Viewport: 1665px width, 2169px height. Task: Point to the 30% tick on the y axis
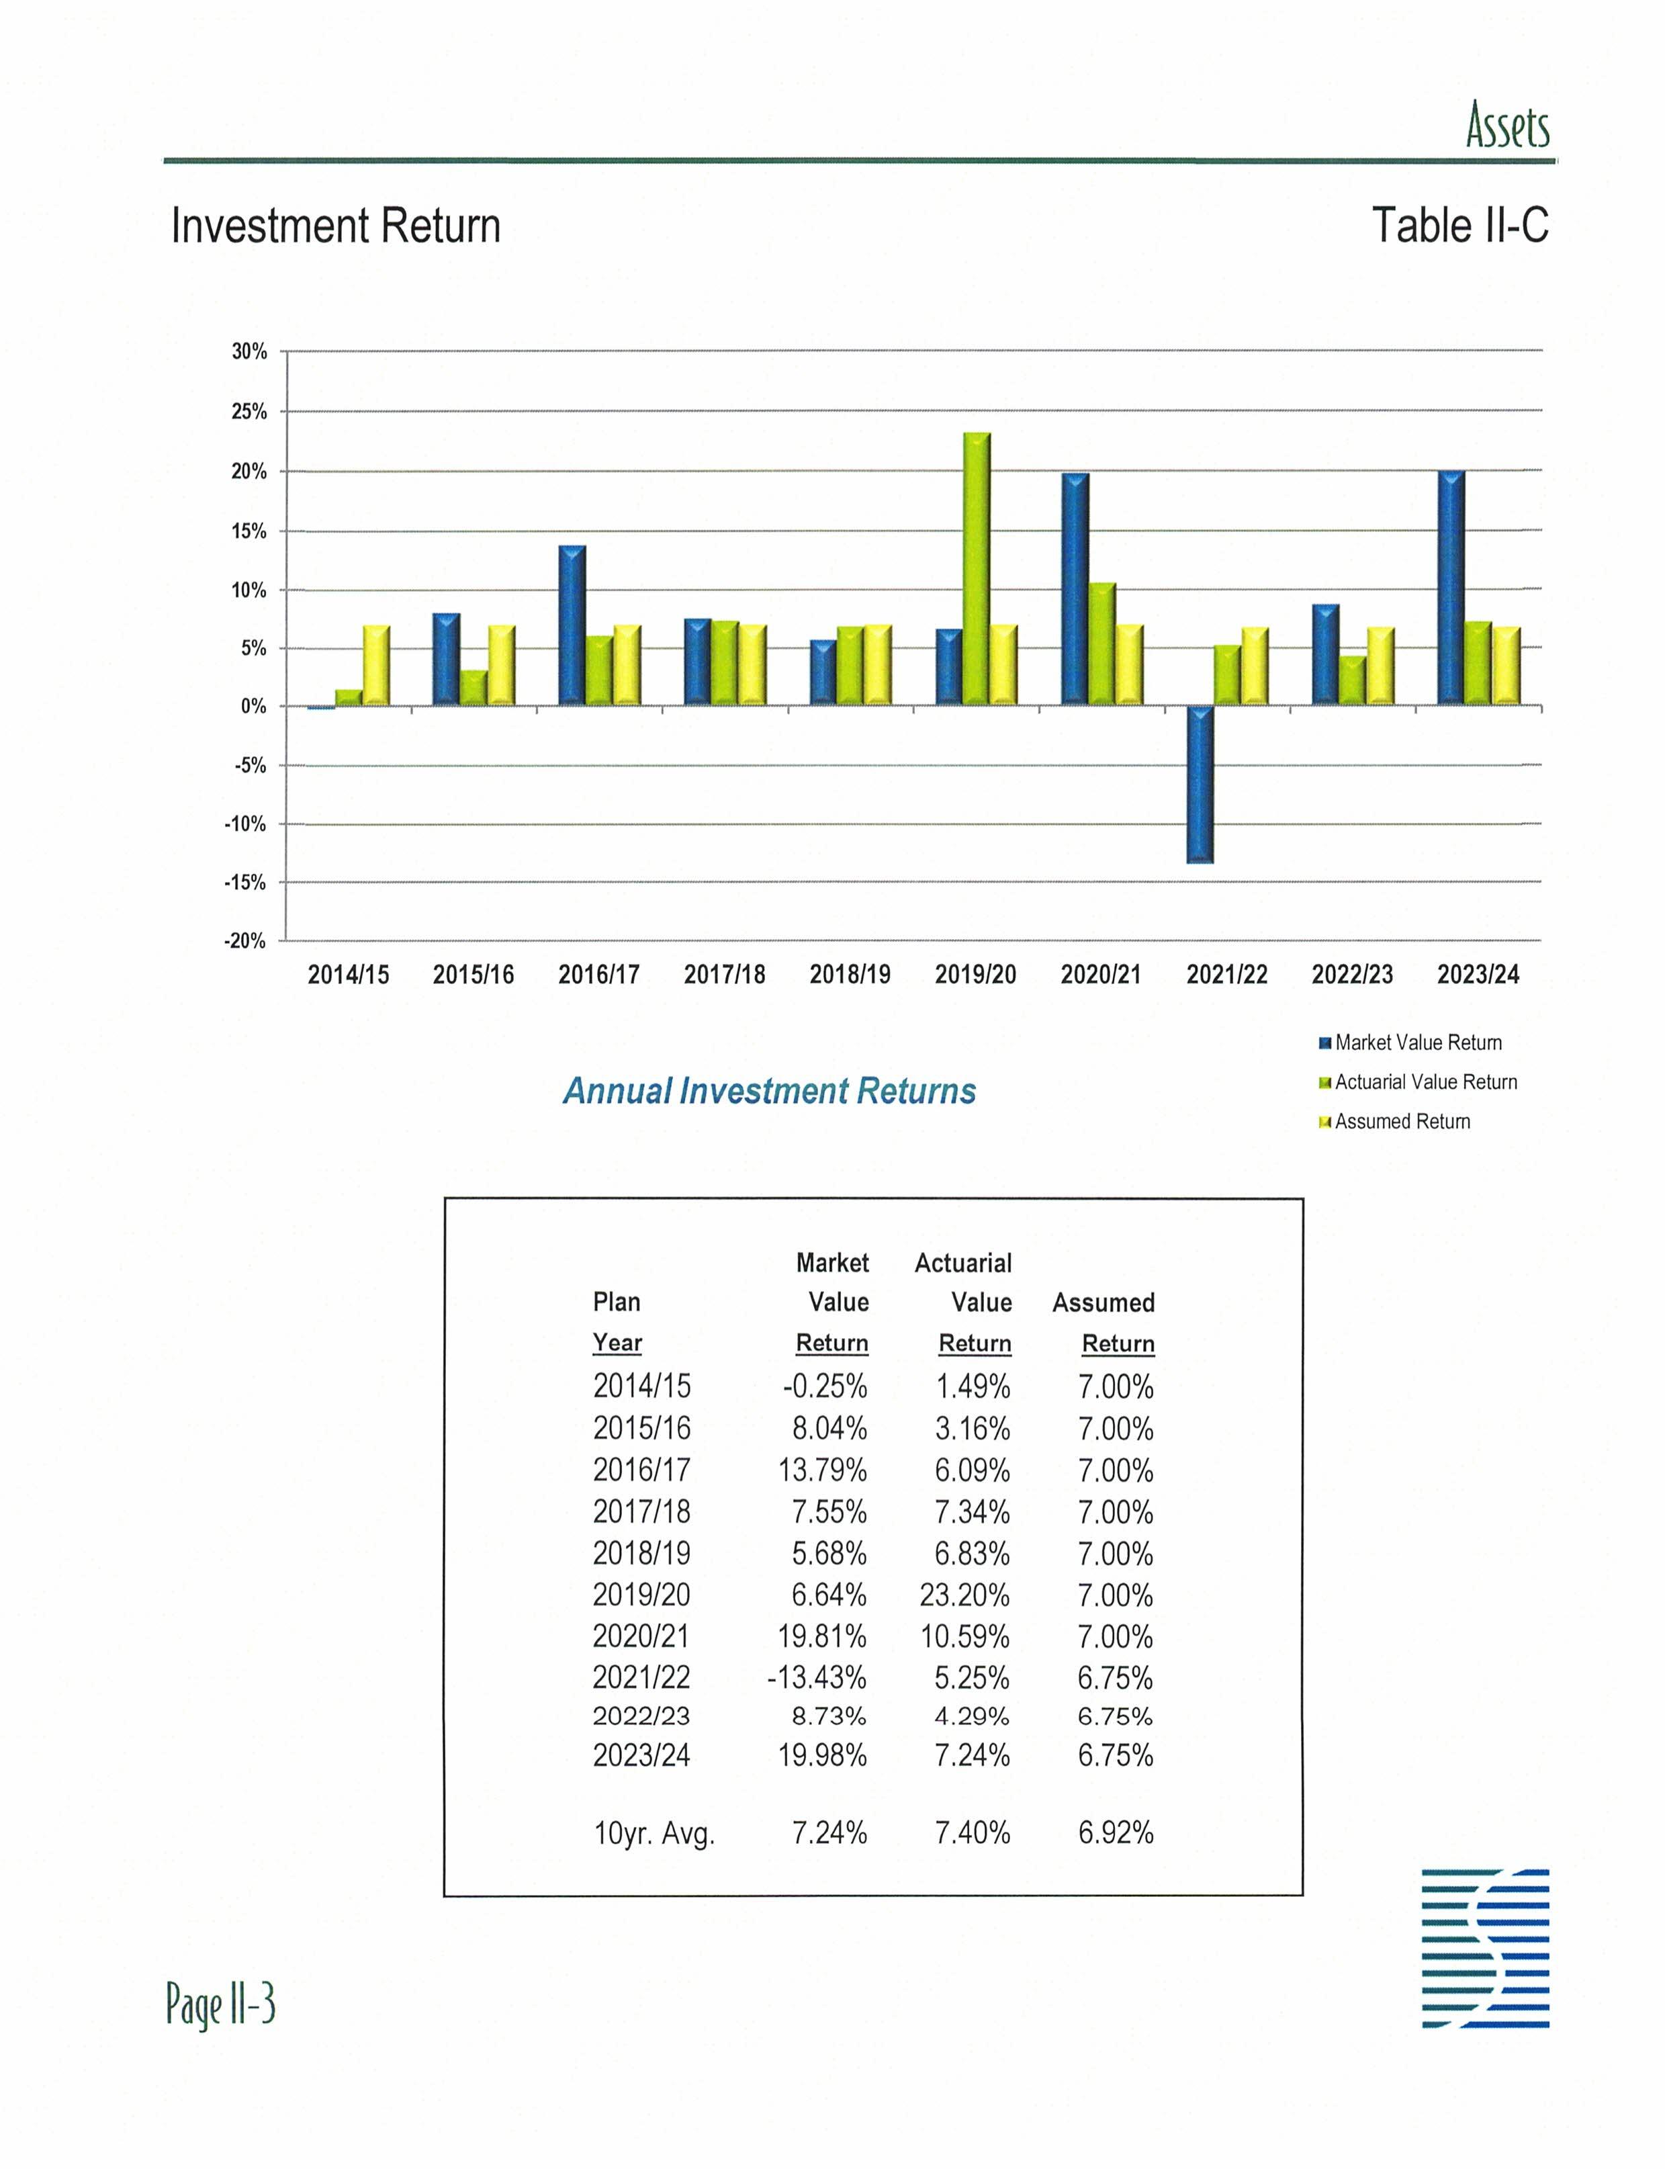[x=249, y=352]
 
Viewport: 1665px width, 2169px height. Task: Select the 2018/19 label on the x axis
[x=850, y=975]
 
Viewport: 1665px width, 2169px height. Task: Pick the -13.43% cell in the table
[x=817, y=1677]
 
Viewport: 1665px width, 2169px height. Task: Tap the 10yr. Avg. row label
[x=653, y=1833]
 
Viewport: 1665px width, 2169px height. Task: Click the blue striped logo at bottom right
[x=1484, y=1948]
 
